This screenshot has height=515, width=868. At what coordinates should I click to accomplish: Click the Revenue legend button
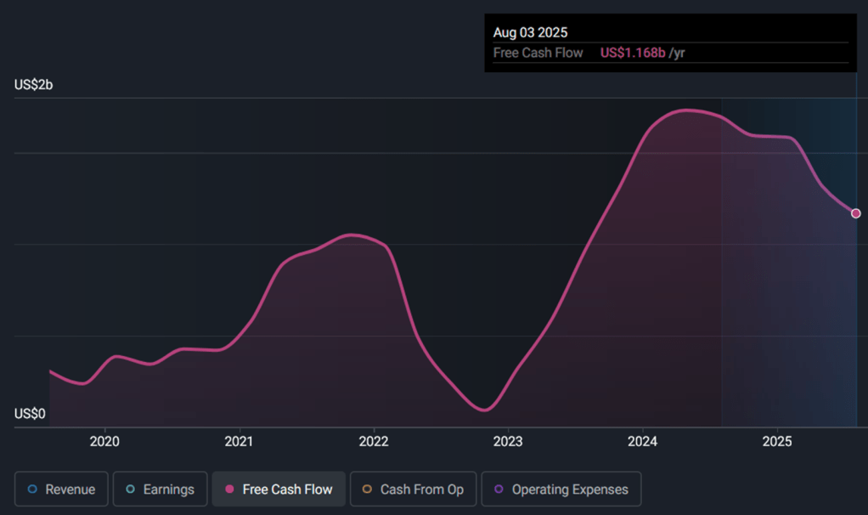tap(61, 489)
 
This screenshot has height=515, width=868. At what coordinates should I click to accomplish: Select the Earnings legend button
tap(160, 489)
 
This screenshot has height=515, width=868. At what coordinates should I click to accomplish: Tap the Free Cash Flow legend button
tap(279, 489)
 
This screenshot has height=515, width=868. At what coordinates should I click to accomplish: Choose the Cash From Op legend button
tap(413, 489)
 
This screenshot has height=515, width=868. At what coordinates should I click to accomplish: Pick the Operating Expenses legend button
tap(561, 489)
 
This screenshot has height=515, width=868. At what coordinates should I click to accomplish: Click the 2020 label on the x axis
tap(104, 441)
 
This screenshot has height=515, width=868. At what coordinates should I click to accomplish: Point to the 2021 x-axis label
tap(239, 441)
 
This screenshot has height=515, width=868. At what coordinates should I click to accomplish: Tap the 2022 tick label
tap(374, 441)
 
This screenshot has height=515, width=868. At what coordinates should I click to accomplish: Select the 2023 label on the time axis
tap(508, 441)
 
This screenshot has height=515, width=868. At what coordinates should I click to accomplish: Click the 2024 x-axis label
tap(643, 441)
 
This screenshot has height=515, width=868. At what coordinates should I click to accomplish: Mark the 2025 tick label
tap(777, 441)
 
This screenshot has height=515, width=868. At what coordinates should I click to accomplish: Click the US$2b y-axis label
tap(34, 85)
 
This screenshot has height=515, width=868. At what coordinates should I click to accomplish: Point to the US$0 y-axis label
tap(30, 414)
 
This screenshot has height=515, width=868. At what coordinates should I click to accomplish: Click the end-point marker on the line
tap(856, 213)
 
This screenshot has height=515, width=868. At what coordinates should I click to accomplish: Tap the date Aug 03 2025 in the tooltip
tap(530, 32)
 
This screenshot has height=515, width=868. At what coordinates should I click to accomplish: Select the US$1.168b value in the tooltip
tap(633, 53)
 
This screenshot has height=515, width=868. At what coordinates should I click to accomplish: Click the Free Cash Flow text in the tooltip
tap(538, 53)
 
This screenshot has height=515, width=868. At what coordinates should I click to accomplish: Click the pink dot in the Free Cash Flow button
tap(229, 489)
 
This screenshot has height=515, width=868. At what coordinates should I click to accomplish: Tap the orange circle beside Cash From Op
tap(367, 489)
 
